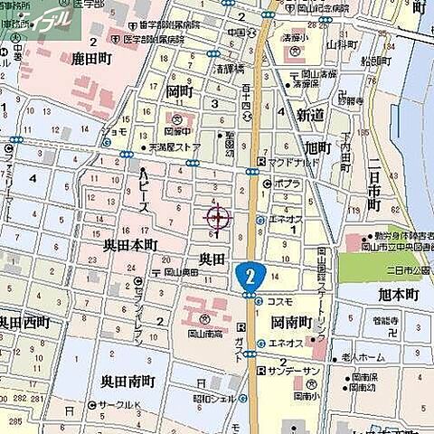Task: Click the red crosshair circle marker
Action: click(x=218, y=218)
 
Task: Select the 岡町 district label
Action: click(x=179, y=92)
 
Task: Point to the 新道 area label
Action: click(x=309, y=115)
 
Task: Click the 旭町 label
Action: click(x=318, y=146)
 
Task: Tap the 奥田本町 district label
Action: click(x=130, y=244)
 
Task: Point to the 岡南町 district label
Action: click(x=290, y=321)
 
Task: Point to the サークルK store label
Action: click(x=117, y=406)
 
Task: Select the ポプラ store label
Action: click(x=288, y=184)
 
